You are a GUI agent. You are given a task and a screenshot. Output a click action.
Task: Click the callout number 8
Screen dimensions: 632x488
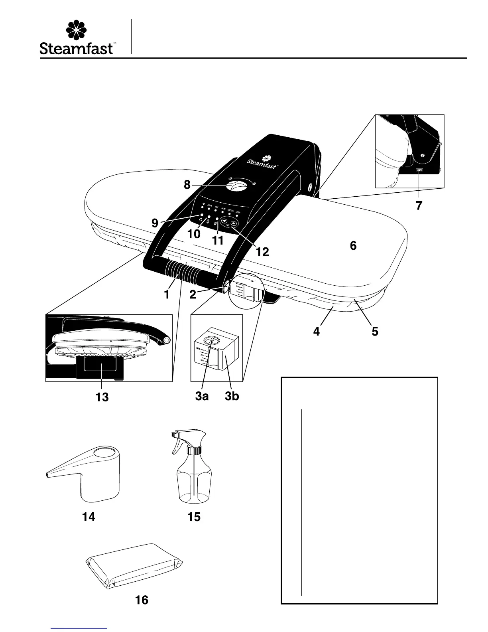(187, 185)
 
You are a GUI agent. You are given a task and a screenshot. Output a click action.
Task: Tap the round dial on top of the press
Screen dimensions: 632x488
(236, 186)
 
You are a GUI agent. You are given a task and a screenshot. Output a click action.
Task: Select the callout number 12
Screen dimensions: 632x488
(263, 252)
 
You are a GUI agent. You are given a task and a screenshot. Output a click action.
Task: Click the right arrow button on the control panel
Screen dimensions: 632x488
(234, 224)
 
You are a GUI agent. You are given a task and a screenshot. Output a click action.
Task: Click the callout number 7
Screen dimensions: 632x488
(419, 206)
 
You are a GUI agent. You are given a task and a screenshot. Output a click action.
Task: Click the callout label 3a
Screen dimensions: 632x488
(202, 397)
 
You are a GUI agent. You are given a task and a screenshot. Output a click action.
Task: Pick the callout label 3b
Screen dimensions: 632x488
(232, 397)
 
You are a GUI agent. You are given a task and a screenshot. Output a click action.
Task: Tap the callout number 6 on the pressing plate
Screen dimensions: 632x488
(353, 246)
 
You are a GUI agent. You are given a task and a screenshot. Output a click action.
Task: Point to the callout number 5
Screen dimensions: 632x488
(375, 331)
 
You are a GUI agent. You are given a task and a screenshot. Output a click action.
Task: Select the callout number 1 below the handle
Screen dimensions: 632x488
(167, 295)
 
